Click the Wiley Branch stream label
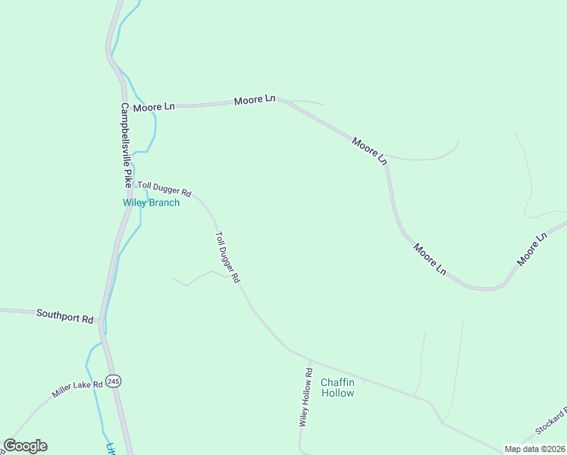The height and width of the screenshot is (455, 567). coord(152,202)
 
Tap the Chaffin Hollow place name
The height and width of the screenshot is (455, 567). coord(337,388)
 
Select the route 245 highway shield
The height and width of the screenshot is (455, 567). coord(114,380)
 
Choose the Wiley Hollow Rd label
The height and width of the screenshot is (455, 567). coord(306,397)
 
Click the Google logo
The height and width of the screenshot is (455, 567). coord(25,446)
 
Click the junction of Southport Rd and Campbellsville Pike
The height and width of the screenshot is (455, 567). coord(100,321)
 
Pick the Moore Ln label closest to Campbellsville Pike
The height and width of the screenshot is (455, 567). coord(153,108)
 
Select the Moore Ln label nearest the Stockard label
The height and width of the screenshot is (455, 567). coord(531,249)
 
